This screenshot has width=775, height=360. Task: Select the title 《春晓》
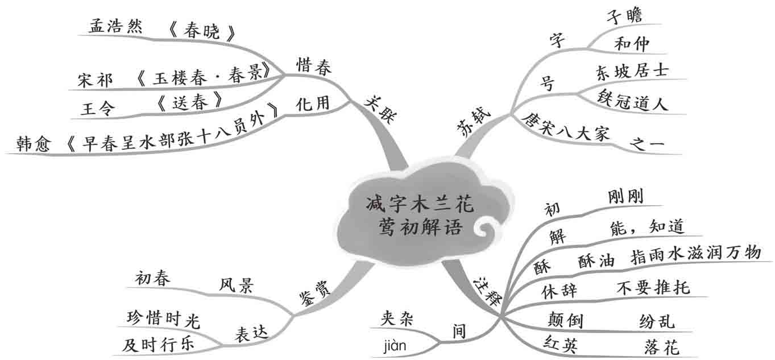pos(202,32)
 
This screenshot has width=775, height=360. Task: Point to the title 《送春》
pos(188,102)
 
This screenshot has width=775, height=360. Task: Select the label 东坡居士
pos(632,72)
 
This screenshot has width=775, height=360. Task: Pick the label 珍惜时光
pos(164,318)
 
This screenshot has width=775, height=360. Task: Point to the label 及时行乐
pos(159,344)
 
